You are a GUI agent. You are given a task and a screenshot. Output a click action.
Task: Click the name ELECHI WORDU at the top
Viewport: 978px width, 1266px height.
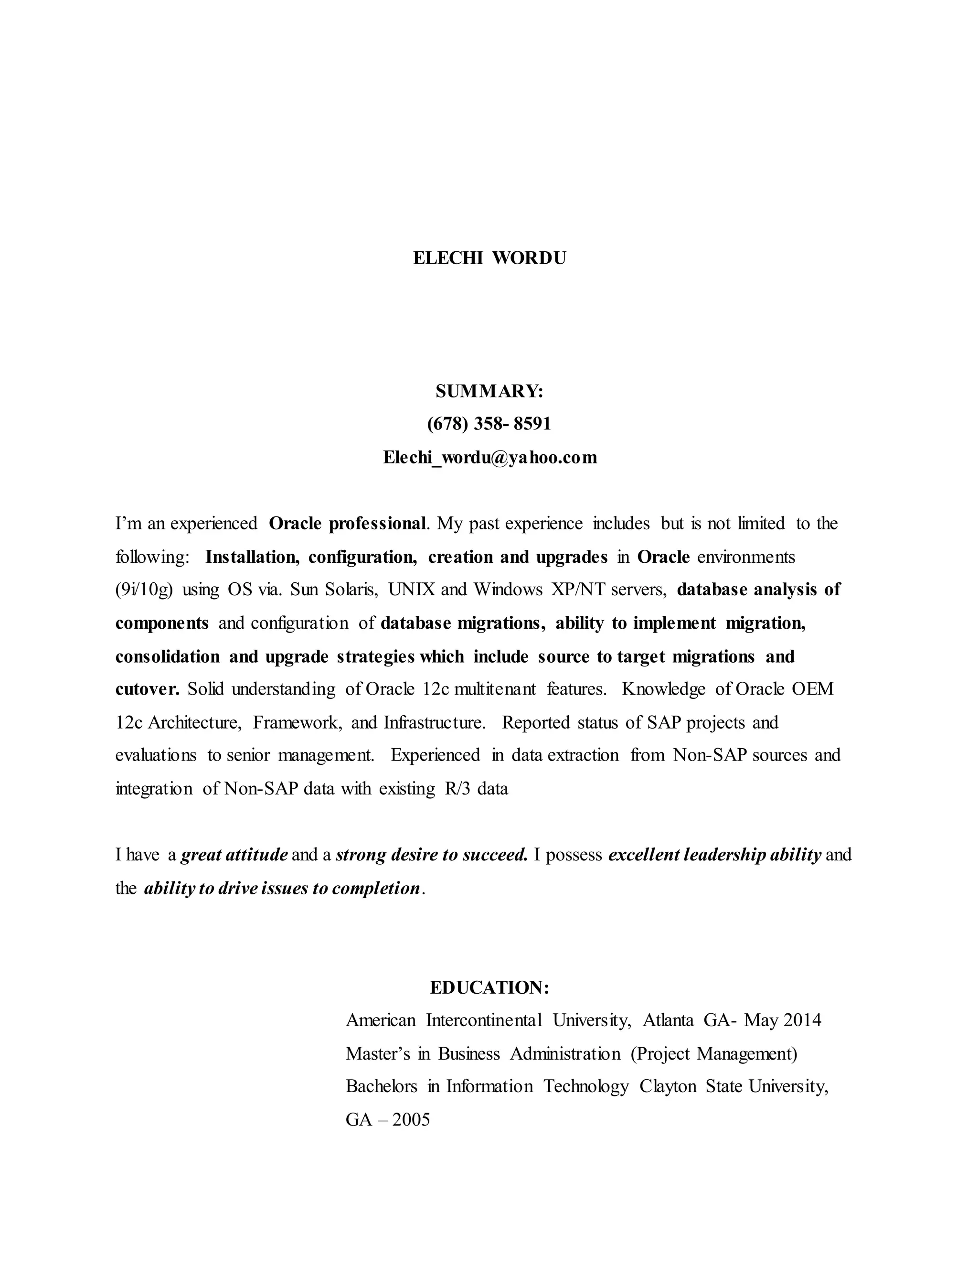click(x=489, y=258)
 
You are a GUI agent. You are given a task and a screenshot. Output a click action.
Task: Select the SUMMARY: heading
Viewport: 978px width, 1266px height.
click(x=489, y=392)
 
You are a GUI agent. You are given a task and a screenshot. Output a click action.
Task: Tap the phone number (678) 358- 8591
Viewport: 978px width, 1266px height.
click(x=489, y=424)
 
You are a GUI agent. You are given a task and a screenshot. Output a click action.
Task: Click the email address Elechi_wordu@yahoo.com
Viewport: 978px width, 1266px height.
click(x=489, y=458)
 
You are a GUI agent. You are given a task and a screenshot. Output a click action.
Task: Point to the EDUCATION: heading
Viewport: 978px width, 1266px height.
click(x=489, y=988)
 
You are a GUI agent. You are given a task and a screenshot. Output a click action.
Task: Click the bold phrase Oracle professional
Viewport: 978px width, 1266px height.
click(x=348, y=524)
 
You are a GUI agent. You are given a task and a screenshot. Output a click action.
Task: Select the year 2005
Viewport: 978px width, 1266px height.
click(x=411, y=1120)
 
